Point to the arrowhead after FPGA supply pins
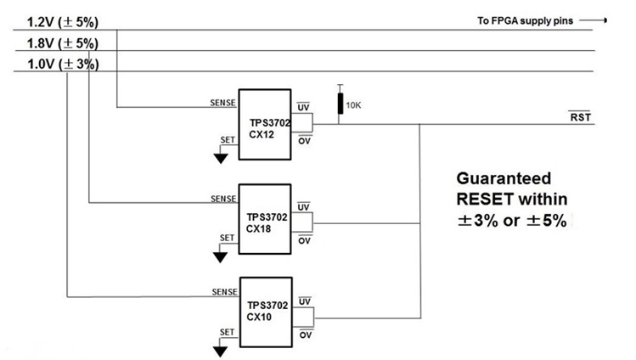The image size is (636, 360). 604,19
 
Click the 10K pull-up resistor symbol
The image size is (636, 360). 341,104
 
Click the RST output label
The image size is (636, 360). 580,116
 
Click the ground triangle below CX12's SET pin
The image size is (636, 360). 221,156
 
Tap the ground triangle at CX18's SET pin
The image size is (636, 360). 221,252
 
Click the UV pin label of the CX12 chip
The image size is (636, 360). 304,108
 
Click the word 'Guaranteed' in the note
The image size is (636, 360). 504,179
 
